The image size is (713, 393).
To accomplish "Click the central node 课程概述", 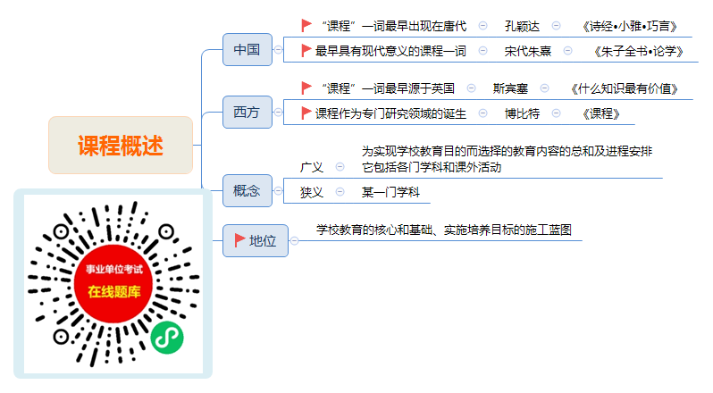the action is pos(121,145).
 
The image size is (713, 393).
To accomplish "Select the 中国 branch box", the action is pos(247,49).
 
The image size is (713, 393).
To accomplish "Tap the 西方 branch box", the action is pos(247,112).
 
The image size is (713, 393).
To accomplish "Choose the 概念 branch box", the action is pos(247,191).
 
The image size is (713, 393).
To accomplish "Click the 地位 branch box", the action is pos(256,240).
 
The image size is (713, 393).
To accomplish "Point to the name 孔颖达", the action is pos(522,27).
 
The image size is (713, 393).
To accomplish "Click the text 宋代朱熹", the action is pos(527,51).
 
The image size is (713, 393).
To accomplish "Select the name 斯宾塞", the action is pos(510,88).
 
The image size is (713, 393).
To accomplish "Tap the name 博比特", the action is pos(522,113).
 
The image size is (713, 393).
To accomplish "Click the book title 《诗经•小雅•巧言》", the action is pos(630,27).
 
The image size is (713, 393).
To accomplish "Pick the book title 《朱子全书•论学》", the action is pos(639,51).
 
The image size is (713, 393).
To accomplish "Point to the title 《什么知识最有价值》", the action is pos(625,88).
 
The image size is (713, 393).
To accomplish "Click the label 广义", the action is pos(312,167).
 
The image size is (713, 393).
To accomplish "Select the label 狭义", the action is pos(312,192).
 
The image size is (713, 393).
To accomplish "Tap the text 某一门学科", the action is pos(390,192).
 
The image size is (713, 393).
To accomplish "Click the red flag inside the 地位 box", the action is pos(239,240).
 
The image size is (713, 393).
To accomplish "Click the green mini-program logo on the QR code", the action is pos(167,338).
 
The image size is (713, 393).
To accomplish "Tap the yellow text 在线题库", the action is pos(114,291).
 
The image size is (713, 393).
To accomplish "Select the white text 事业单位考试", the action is pos(114,270).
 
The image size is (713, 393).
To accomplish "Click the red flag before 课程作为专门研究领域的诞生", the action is pos(306,113).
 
